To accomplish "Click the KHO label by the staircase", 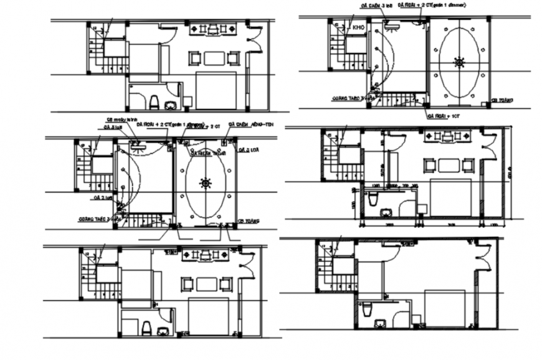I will (x=358, y=28).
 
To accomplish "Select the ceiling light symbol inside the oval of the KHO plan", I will (x=460, y=61).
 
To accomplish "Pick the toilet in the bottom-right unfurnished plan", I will (x=367, y=310).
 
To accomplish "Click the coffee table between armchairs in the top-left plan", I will (x=213, y=59).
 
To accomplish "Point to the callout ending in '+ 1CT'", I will (x=442, y=116).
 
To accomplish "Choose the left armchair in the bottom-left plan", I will (x=187, y=284).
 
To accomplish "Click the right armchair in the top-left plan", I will (x=233, y=59).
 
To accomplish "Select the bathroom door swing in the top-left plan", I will (x=169, y=90).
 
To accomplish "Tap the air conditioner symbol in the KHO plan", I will (x=392, y=26).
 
